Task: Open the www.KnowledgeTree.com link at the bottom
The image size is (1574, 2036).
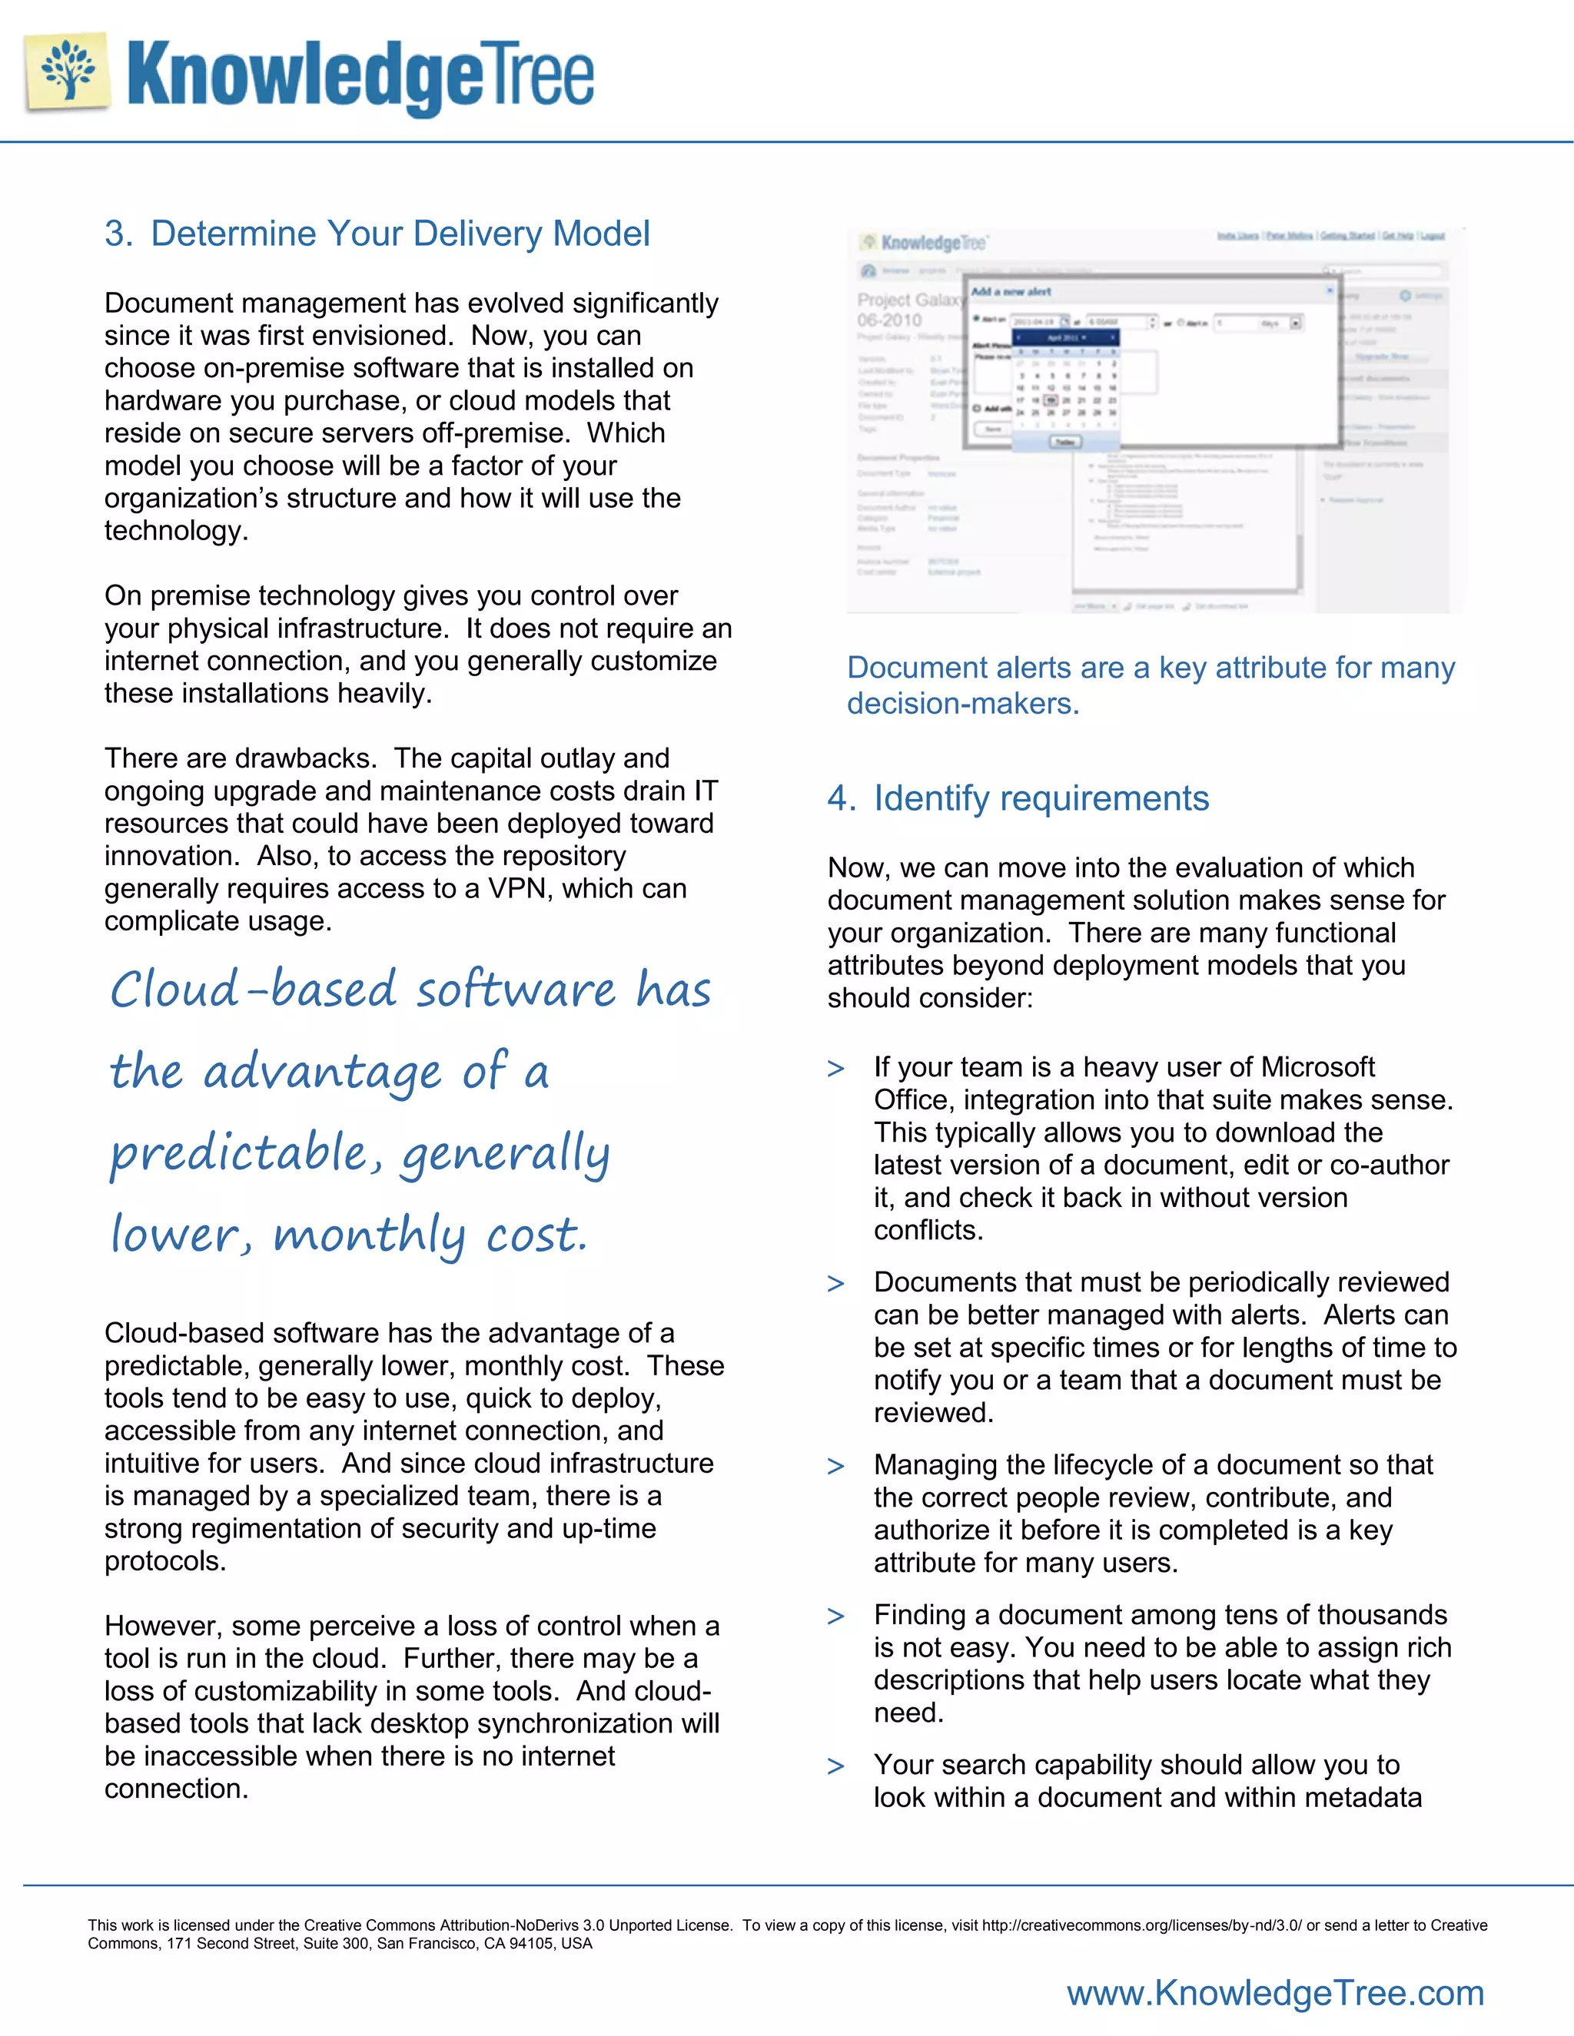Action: [x=1275, y=1993]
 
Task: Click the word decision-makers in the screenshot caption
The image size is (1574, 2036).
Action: [x=962, y=704]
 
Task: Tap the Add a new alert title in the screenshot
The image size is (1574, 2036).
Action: [x=1011, y=292]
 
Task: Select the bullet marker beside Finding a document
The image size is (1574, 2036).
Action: [x=835, y=1617]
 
